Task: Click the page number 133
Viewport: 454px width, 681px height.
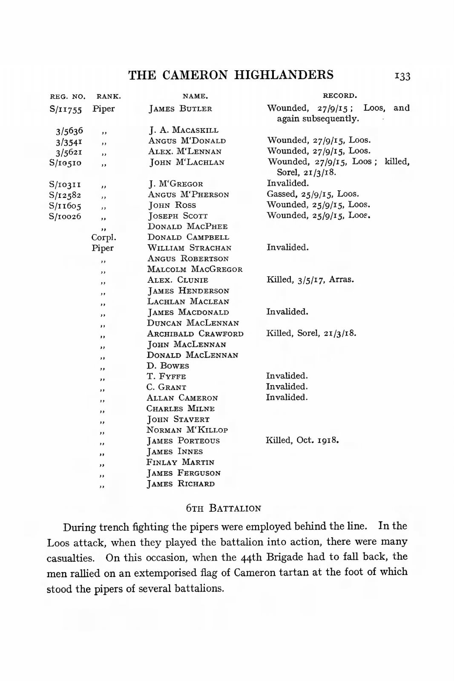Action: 402,76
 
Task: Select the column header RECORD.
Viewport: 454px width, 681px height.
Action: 339,96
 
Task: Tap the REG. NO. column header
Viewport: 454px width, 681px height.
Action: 68,97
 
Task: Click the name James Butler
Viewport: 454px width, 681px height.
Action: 180,109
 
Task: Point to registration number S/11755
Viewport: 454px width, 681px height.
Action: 66,109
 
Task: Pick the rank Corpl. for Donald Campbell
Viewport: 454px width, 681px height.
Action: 103,237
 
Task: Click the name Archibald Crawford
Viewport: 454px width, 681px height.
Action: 195,334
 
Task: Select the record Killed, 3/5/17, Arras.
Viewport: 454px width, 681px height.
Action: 310,280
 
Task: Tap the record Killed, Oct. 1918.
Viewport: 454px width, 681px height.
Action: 302,440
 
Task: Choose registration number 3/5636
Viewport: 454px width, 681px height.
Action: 69,131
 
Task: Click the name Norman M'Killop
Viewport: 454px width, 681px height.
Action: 187,430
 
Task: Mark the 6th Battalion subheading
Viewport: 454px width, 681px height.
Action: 224,508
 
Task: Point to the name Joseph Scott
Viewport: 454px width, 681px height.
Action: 178,216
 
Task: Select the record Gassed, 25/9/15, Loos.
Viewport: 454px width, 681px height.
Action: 313,194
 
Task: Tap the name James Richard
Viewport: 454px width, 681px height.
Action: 181,484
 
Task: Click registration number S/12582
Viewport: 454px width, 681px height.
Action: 65,195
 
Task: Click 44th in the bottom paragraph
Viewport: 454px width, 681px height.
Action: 251,557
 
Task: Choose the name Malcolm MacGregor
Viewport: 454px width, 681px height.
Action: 195,269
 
